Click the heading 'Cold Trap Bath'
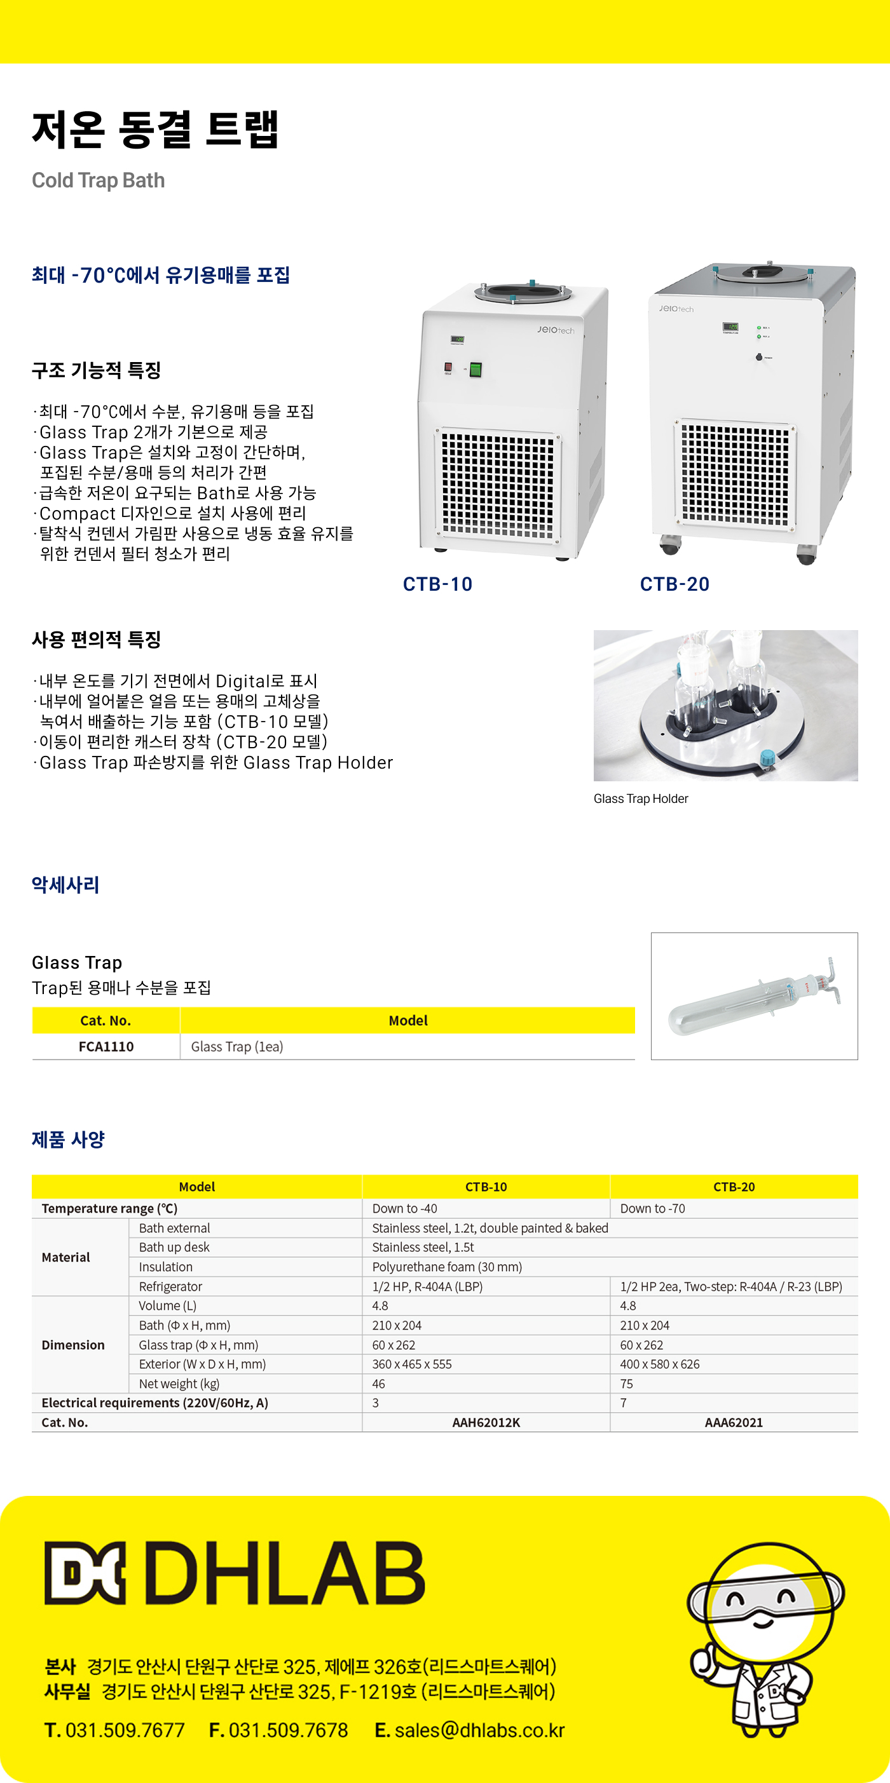tap(99, 180)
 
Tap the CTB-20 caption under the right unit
tap(674, 584)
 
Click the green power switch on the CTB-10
tap(475, 370)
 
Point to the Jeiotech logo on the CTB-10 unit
tap(556, 330)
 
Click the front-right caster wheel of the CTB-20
tap(805, 555)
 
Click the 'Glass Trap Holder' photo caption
tap(641, 798)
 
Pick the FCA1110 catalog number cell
tap(106, 1047)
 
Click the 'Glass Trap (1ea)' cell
tap(237, 1047)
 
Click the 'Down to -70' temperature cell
tap(652, 1209)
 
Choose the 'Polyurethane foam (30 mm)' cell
tap(447, 1267)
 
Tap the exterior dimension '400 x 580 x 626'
tap(659, 1364)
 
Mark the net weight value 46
tap(379, 1383)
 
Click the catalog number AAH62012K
tap(486, 1422)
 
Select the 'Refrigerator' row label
tap(170, 1286)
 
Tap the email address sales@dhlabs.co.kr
tap(479, 1730)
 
